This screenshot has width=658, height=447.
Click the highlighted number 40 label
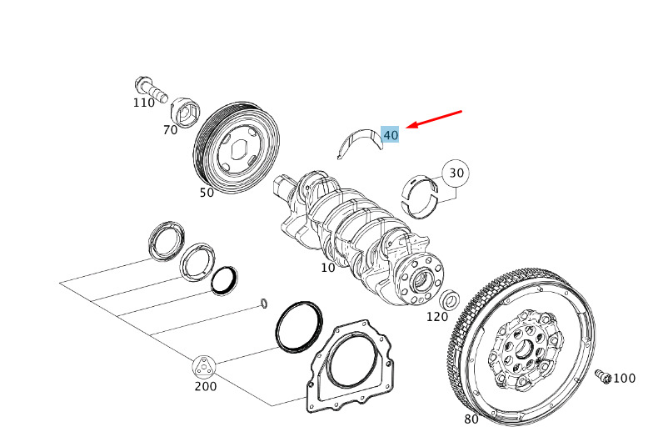391,135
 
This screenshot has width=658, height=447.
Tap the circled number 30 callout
456,173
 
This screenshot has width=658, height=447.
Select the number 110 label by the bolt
144,103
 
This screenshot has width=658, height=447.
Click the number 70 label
171,130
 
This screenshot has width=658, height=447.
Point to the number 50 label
207,193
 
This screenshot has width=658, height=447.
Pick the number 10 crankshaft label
328,267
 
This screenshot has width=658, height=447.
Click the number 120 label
437,317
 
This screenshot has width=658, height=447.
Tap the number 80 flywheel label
471,419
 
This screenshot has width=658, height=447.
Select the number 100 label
625,379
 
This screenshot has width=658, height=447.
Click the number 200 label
206,386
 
